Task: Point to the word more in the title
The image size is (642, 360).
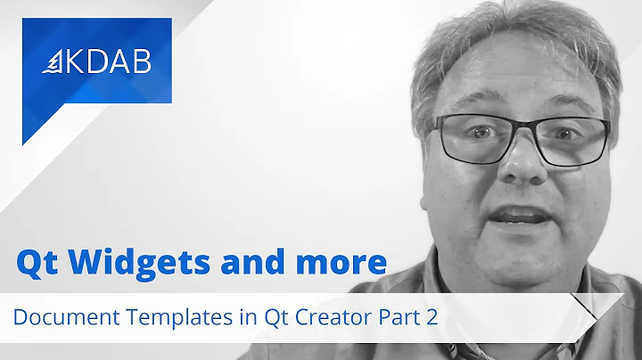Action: (x=342, y=262)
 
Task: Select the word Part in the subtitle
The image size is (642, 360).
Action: (x=398, y=317)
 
